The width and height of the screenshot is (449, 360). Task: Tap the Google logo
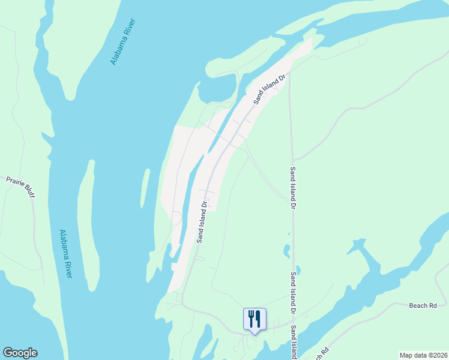(20, 353)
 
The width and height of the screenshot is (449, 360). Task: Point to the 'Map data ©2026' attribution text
(423, 355)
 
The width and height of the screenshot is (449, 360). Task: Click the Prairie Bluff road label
(21, 184)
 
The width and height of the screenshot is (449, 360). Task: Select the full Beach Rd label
(423, 305)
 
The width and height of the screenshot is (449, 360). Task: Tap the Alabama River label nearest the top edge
(123, 41)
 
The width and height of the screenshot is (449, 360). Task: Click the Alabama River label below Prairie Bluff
(65, 253)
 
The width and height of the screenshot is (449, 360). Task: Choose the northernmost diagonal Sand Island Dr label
(271, 89)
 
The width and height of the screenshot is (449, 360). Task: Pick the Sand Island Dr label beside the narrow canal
(203, 221)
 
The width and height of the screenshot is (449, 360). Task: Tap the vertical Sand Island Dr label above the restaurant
(294, 293)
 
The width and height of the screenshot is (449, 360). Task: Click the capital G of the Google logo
(8, 352)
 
